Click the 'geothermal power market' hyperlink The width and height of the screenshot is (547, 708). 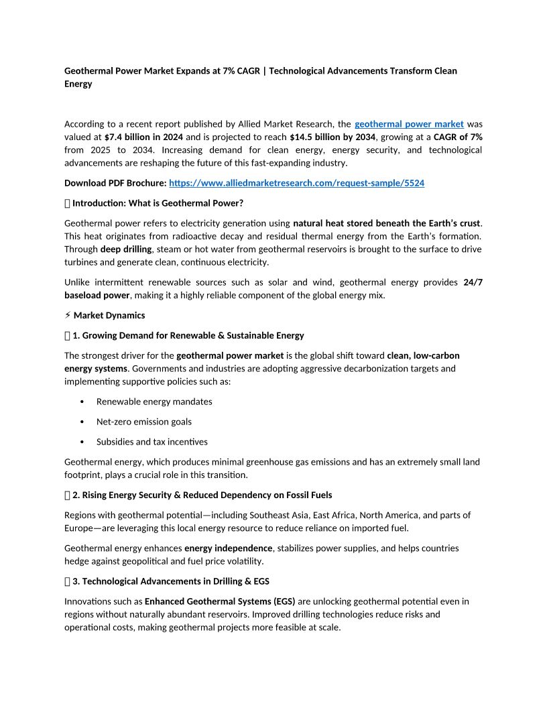(409, 124)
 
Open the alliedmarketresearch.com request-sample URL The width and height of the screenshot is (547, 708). (296, 183)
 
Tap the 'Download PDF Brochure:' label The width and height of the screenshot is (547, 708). (115, 183)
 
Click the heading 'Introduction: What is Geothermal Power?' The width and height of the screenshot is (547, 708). (158, 203)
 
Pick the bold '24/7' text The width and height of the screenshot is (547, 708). (473, 282)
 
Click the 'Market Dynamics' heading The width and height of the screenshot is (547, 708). (109, 315)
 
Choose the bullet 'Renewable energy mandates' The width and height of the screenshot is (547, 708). (154, 402)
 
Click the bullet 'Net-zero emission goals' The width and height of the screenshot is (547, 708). (144, 422)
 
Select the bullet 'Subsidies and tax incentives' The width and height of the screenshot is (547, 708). (152, 442)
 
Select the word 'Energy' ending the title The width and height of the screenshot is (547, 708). (78, 84)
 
